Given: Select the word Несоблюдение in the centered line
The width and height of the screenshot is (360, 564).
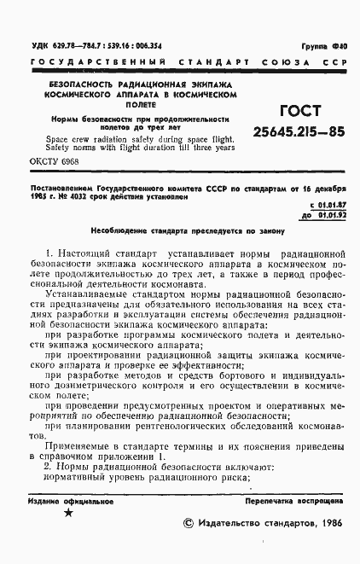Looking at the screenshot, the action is (x=126, y=231).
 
